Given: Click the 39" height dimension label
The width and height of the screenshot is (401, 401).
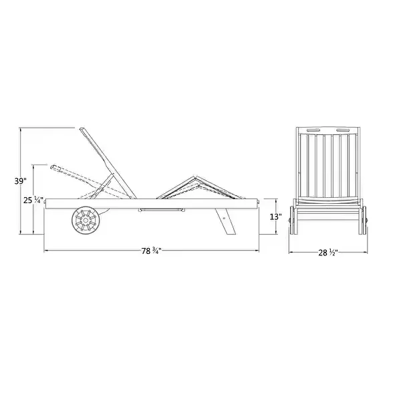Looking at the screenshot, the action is click(x=20, y=181).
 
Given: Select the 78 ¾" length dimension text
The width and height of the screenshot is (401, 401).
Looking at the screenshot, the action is click(x=152, y=251).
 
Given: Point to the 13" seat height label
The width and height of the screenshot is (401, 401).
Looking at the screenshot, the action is click(x=275, y=217).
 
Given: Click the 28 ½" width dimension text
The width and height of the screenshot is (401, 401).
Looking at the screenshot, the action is click(x=328, y=253).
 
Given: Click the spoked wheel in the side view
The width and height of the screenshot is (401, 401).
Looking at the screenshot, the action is click(x=86, y=220).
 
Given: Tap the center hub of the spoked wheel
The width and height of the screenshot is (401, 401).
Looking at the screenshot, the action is click(x=86, y=220).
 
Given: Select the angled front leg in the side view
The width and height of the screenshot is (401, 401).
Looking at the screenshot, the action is click(x=226, y=221).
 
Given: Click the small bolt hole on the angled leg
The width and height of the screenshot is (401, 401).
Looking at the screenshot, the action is click(x=225, y=219).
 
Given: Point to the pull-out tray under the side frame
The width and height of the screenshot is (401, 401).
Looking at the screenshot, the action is click(x=161, y=211).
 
